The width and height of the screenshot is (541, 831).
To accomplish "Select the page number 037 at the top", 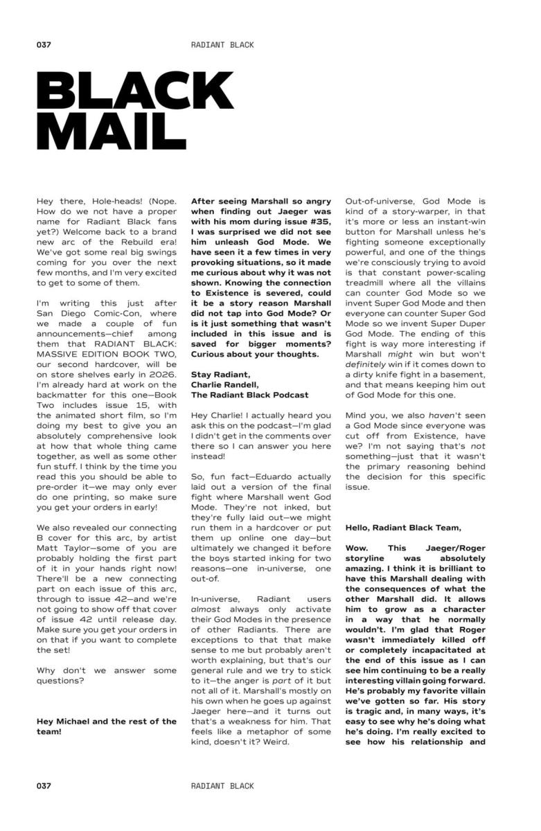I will [x=44, y=45].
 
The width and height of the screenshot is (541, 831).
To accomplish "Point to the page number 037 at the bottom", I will [x=44, y=785].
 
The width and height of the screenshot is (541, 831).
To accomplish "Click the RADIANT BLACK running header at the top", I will [x=222, y=45].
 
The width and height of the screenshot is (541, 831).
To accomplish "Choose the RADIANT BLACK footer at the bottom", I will [x=222, y=785].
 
